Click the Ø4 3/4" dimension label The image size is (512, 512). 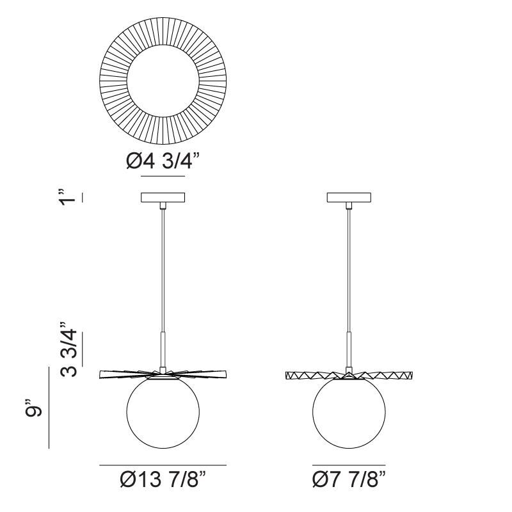click(x=163, y=161)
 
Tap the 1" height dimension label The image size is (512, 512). click(x=68, y=197)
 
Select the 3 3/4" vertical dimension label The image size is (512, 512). click(x=68, y=349)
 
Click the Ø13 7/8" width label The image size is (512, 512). click(x=163, y=479)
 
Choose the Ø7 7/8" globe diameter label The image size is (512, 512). click(x=349, y=479)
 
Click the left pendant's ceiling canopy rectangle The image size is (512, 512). click(x=163, y=197)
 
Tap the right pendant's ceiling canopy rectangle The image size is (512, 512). click(x=349, y=197)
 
